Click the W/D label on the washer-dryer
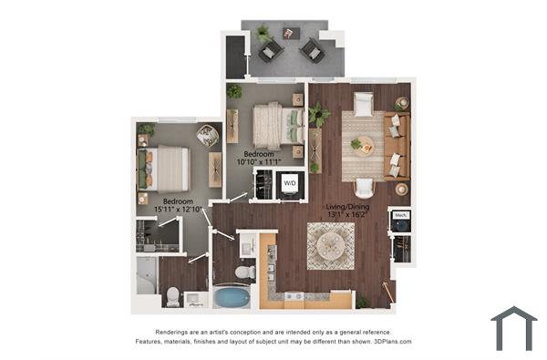pos(290,184)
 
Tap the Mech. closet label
pos(400,216)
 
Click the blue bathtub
pos(232,296)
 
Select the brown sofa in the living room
pos(397,146)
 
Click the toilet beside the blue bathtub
pos(244,271)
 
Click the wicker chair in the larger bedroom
pos(208,137)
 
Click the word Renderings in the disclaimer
pos(176,332)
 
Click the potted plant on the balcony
pos(263,34)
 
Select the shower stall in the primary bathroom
pos(147,274)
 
